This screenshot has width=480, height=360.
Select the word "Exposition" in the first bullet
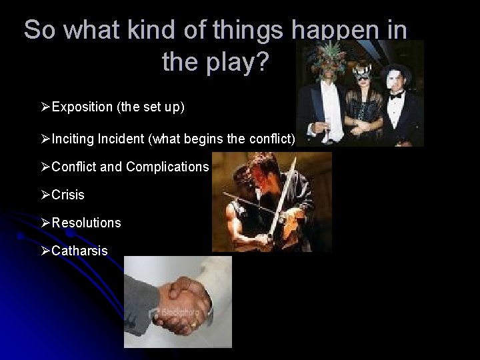click(x=82, y=107)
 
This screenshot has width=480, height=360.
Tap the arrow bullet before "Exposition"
click(x=45, y=107)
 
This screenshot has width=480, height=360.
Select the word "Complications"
click(x=167, y=167)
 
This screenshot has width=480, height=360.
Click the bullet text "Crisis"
click(x=68, y=195)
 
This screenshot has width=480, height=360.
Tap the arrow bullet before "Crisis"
click(x=45, y=195)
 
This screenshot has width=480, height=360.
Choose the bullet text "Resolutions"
click(x=86, y=223)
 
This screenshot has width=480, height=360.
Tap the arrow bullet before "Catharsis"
click(x=45, y=251)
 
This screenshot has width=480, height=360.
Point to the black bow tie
click(x=397, y=96)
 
